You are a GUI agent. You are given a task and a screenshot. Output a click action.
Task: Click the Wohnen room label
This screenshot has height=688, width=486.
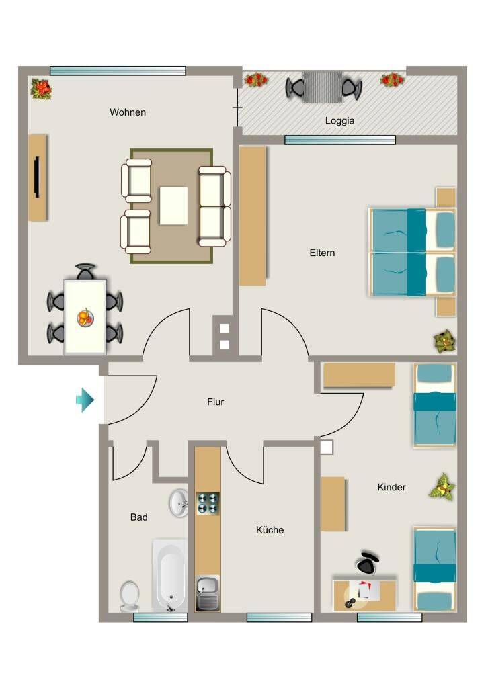tap(128, 112)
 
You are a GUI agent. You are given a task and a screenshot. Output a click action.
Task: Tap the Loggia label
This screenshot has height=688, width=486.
tap(340, 121)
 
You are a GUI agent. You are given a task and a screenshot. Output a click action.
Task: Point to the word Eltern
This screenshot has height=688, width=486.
tap(322, 253)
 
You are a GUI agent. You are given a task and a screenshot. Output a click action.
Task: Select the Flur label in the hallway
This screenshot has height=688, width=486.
tap(216, 402)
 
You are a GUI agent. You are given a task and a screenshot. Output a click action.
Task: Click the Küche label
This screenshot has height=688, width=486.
tap(270, 530)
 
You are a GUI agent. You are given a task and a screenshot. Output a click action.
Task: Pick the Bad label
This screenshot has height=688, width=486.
tap(138, 517)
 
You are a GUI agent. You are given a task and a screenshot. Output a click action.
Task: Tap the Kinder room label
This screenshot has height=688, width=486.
tap(392, 487)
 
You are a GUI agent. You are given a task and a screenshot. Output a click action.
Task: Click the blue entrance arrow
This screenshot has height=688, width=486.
tap(85, 400)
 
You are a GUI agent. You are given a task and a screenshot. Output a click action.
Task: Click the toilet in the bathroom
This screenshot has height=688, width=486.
tap(130, 597)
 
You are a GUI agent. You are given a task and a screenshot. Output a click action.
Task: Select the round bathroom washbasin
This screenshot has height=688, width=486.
tap(179, 503)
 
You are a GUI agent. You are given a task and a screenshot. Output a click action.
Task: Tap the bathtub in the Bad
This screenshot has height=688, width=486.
tap(170, 575)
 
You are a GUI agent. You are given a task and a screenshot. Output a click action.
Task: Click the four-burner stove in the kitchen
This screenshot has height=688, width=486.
tap(208, 503)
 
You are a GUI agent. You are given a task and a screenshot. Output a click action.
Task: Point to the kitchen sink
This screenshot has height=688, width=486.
tap(208, 593)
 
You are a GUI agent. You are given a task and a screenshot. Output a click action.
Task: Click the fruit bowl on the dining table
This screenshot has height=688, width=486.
tap(85, 317)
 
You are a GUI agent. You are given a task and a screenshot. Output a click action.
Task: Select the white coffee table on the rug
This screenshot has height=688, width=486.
tap(173, 206)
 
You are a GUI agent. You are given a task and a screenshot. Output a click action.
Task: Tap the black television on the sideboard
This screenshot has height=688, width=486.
tap(37, 177)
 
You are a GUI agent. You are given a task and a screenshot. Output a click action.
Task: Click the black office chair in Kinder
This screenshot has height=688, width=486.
tap(368, 562)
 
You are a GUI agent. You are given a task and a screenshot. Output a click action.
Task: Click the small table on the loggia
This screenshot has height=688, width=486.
tap(323, 87)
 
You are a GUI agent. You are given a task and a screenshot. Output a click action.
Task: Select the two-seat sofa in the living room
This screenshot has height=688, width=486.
tap(214, 206)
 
